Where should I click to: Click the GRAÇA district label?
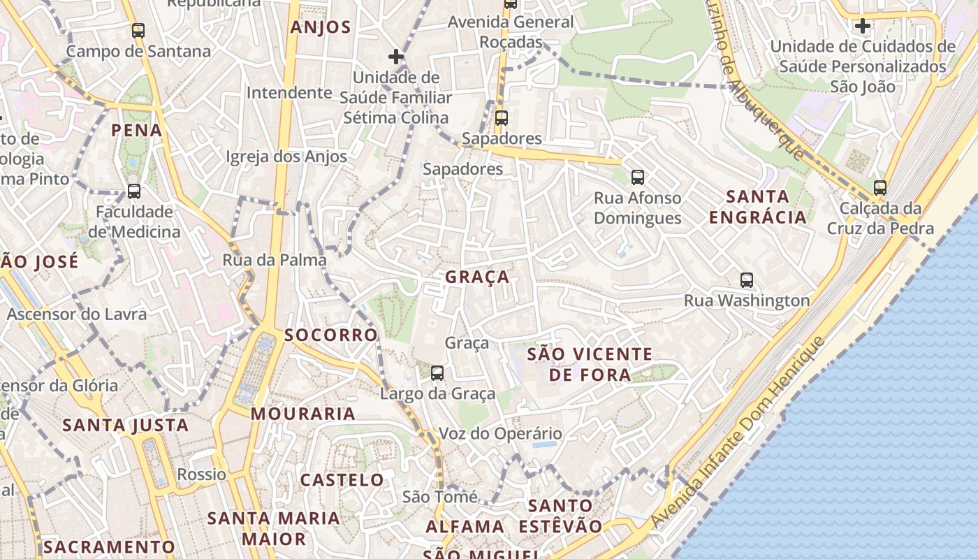(x=477, y=277)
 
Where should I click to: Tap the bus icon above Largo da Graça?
(x=437, y=373)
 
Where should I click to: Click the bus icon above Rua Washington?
(x=747, y=280)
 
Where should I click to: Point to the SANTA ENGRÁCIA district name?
(x=758, y=207)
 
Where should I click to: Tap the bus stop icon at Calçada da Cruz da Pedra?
(x=880, y=187)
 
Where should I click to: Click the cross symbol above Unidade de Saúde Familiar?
(x=396, y=56)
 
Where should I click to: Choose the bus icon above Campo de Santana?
(x=138, y=31)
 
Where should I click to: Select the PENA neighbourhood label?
(x=137, y=130)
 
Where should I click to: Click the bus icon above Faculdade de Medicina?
(x=134, y=191)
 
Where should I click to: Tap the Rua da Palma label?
(x=275, y=260)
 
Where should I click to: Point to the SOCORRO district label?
(x=331, y=335)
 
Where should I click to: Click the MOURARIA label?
(x=303, y=414)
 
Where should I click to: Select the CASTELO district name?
(x=342, y=480)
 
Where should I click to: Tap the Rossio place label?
(x=202, y=474)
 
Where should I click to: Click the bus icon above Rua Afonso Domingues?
(x=637, y=177)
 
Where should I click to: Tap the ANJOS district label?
(x=320, y=27)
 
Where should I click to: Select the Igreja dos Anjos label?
(x=286, y=157)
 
